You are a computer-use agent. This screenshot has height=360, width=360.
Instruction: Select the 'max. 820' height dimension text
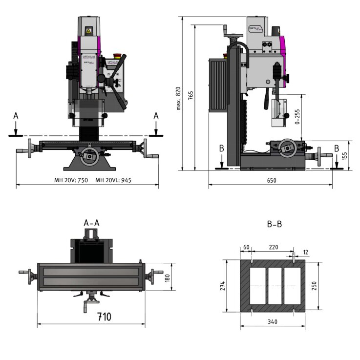tap(179, 98)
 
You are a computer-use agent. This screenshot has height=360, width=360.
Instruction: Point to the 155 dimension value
tap(345, 156)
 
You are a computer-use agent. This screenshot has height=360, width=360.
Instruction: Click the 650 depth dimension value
tap(272, 180)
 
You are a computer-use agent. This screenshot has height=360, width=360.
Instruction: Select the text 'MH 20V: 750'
tap(71, 180)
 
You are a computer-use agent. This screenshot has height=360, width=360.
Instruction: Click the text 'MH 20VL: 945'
tap(113, 180)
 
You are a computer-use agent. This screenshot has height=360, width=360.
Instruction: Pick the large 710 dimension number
tap(103, 317)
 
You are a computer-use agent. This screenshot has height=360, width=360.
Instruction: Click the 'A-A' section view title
tap(92, 223)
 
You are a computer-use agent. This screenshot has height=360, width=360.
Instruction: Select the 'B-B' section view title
tap(274, 224)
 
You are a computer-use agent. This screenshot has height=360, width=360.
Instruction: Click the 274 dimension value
tap(223, 286)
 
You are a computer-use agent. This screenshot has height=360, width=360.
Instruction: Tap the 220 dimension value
tap(273, 248)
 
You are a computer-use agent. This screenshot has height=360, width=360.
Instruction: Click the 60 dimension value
tap(246, 248)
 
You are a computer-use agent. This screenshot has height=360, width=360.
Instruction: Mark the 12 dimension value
tap(306, 253)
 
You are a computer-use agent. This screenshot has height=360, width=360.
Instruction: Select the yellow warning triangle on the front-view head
tap(88, 31)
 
